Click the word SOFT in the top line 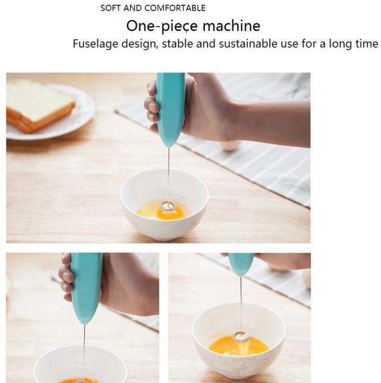pos(110,8)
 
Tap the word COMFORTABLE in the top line pos(175,8)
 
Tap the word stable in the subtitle pos(178,44)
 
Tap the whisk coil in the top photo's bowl pos(169,204)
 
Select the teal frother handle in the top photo pos(170,109)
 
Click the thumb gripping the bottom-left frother pos(66,277)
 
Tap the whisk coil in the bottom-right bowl pos(241,337)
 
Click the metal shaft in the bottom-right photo pos(241,303)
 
